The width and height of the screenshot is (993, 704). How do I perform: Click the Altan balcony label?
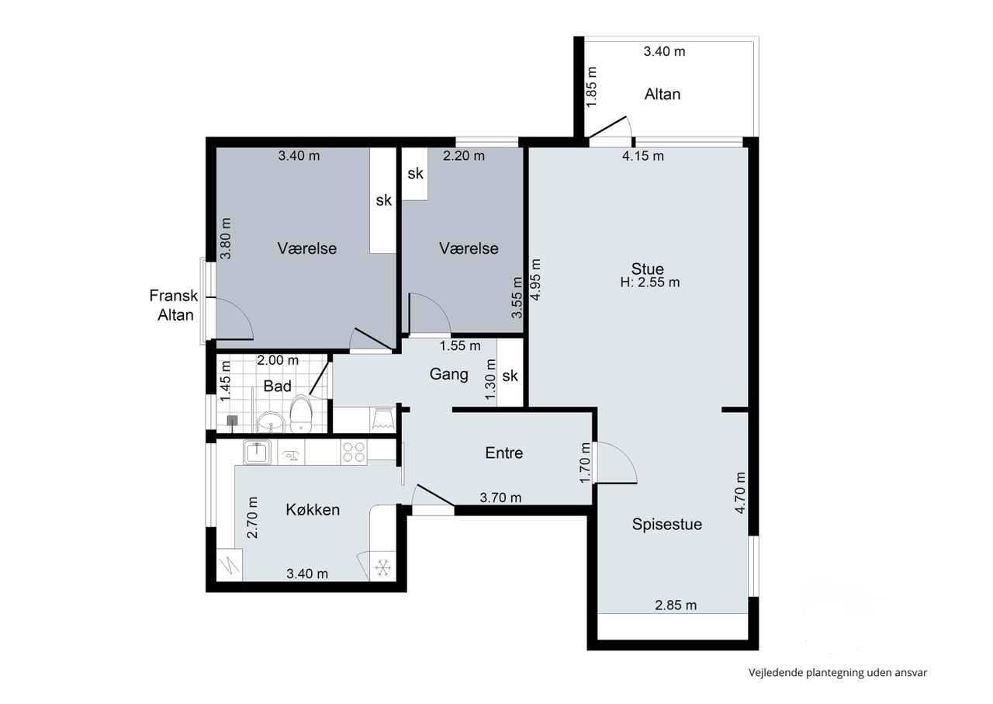(662, 94)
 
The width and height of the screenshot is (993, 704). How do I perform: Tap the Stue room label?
(647, 269)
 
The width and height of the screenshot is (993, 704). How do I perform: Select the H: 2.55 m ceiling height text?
(650, 283)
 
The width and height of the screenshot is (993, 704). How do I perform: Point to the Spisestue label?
(666, 525)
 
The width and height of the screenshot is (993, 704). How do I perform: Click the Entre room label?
(504, 453)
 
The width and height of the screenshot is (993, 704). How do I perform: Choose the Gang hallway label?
(448, 374)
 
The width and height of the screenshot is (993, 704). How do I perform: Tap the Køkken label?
(313, 510)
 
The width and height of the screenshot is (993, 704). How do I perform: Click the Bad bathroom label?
(277, 386)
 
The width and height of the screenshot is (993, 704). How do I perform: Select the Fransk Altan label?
(174, 305)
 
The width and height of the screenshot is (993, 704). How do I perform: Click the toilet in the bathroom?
(302, 414)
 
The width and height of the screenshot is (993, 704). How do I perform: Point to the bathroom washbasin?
(271, 422)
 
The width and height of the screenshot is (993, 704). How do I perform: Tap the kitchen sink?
(257, 452)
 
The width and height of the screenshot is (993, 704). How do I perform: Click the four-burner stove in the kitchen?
(354, 452)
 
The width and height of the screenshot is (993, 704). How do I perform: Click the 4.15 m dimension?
(643, 156)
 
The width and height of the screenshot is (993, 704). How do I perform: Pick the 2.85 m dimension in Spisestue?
(676, 605)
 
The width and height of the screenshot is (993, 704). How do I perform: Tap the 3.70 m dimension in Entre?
(500, 498)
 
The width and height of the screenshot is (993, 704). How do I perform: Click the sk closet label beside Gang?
(510, 376)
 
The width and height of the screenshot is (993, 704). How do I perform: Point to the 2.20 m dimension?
(464, 156)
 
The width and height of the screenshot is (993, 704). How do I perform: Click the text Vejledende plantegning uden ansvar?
(838, 673)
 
